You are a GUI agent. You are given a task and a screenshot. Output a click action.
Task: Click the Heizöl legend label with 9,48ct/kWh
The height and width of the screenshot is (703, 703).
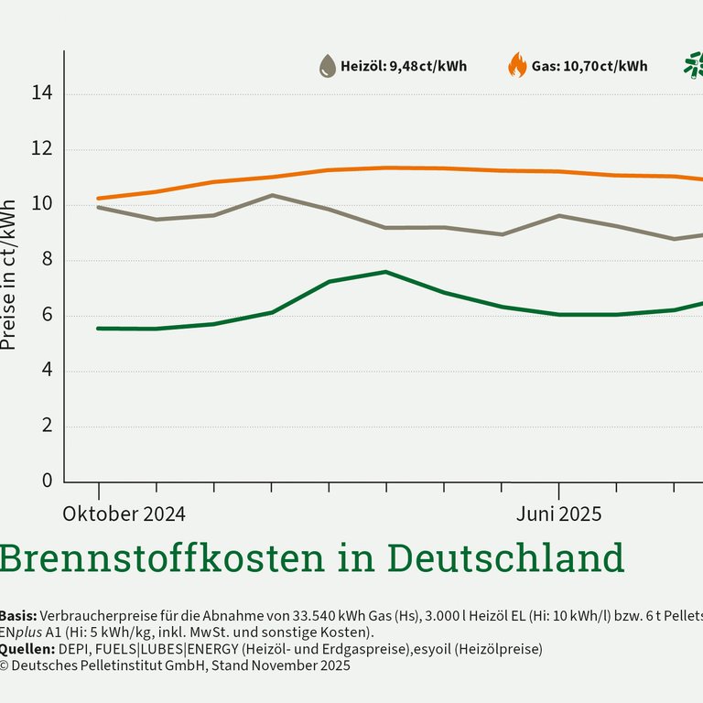coord(404,66)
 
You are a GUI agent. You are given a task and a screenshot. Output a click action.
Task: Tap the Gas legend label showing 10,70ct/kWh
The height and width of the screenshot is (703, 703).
coord(589,66)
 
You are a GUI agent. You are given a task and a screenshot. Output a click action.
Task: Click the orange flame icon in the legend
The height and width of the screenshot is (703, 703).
coord(517,66)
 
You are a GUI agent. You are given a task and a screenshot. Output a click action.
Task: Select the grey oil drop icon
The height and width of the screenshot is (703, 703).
coord(327,66)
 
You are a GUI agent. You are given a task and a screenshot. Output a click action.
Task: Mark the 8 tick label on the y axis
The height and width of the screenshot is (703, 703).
coord(44,260)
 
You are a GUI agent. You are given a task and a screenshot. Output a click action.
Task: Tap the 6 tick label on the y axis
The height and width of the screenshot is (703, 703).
coord(44,316)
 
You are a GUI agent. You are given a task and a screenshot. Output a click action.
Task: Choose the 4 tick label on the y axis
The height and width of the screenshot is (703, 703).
coord(44,371)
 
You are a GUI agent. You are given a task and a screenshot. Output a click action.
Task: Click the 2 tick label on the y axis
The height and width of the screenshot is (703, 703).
coord(44,427)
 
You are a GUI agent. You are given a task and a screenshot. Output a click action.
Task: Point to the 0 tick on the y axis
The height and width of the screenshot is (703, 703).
coord(44,481)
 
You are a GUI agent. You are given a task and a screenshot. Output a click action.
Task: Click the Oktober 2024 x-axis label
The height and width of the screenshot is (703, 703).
coord(124,514)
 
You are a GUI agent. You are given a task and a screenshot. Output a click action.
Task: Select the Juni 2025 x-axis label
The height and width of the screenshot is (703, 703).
coord(558,514)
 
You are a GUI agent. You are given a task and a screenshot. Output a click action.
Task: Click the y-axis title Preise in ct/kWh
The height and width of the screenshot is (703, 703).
coord(8,275)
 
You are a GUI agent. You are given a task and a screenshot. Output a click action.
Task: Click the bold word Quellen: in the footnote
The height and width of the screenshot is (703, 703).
coord(26,649)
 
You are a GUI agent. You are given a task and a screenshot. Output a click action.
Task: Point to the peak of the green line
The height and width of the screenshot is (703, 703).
coord(385,272)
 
